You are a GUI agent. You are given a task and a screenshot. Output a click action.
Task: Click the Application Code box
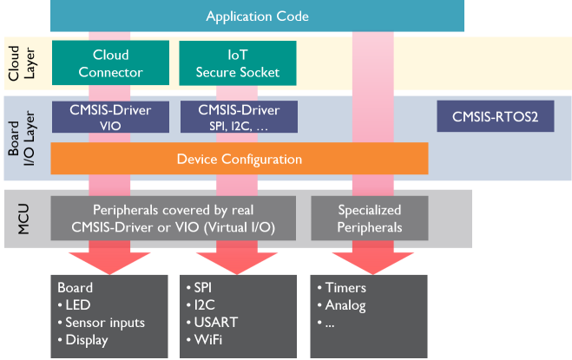pos(257,16)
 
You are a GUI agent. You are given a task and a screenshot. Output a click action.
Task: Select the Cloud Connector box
pos(110,62)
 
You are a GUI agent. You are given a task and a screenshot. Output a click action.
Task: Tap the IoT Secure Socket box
pos(237,62)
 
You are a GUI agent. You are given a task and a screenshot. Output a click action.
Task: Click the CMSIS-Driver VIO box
pos(109,117)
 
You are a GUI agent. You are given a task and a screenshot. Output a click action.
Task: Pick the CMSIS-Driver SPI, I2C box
pos(238,117)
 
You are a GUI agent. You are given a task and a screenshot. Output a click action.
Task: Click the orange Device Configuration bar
pos(239,160)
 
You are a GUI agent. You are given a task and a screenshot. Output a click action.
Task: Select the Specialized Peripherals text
pos(370,219)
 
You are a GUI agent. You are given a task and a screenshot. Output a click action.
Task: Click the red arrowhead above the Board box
pos(109,258)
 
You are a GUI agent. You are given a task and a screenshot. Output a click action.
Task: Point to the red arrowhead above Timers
pos(369,258)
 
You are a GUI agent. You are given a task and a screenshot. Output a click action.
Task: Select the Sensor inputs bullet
pos(105,323)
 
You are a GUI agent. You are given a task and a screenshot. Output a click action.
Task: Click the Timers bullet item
pos(345,288)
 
